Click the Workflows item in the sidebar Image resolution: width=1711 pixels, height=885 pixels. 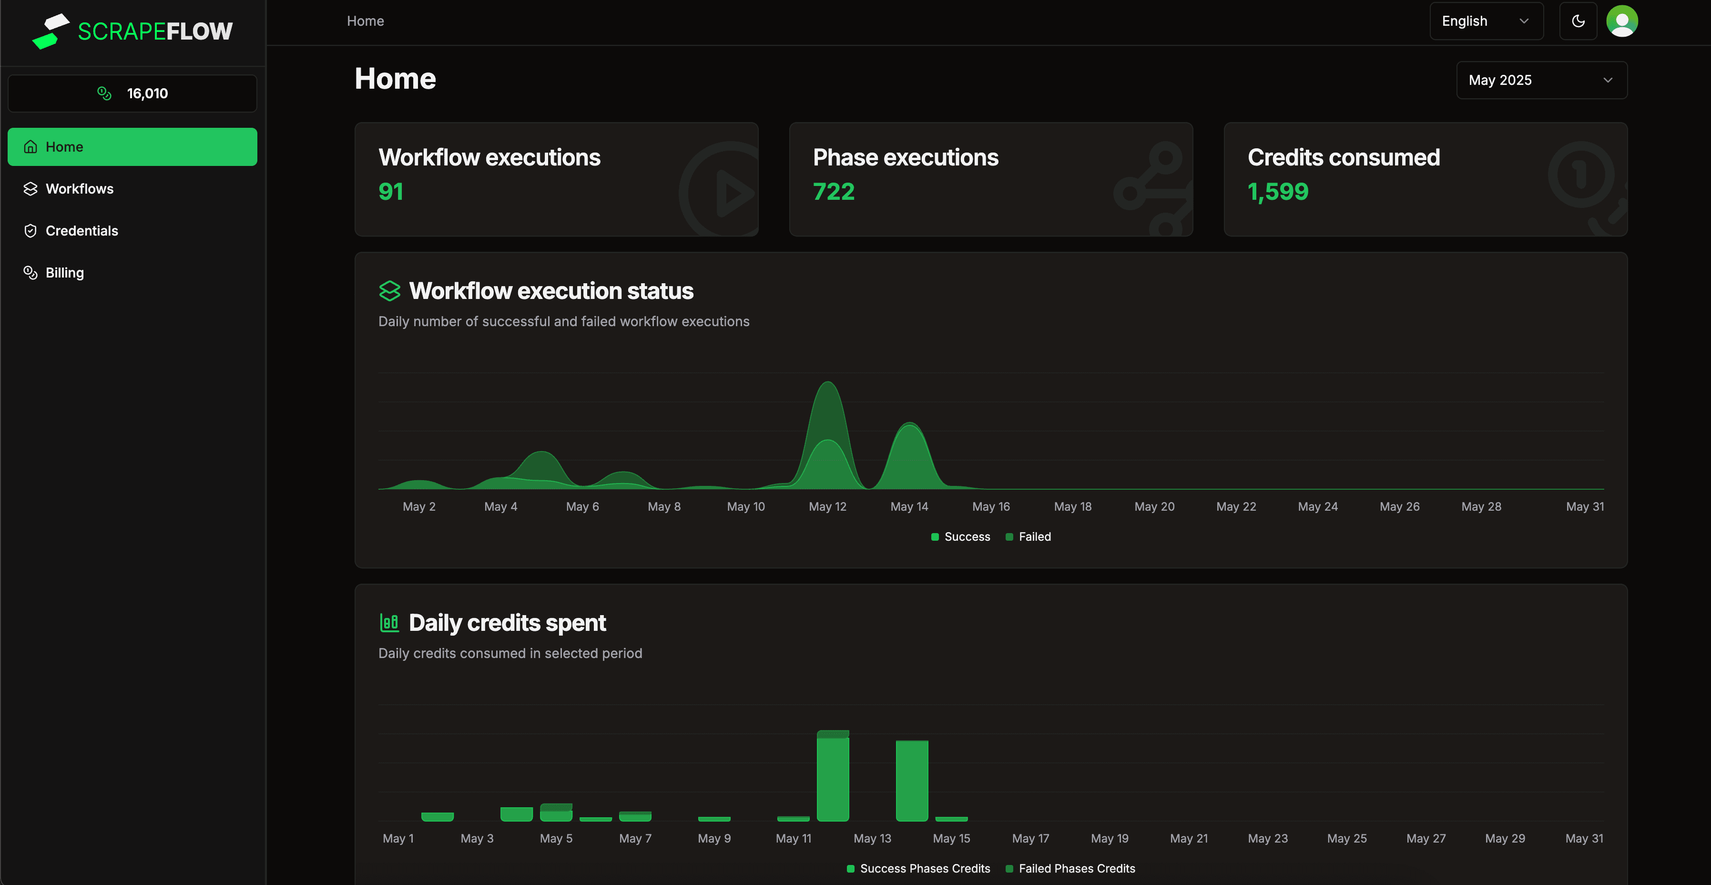(79, 189)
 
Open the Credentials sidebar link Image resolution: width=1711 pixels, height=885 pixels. (81, 231)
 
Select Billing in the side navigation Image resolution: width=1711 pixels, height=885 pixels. (64, 272)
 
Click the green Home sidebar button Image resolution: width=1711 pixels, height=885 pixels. (132, 147)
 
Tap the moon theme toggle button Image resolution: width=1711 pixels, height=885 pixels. (1578, 21)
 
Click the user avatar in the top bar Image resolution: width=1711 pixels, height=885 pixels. (1621, 21)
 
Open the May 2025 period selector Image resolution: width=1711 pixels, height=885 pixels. (1541, 81)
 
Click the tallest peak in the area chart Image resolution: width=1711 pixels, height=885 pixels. (827, 384)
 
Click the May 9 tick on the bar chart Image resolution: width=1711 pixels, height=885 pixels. (714, 838)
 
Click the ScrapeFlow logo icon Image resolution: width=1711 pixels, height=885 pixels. (51, 31)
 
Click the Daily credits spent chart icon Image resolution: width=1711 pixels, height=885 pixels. (389, 623)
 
